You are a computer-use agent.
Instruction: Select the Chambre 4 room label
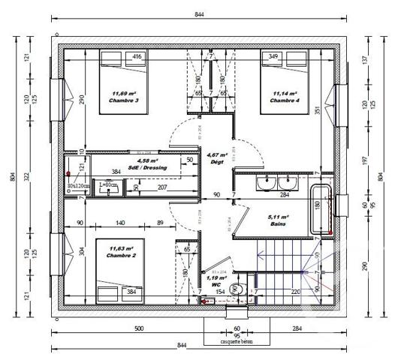click(285, 97)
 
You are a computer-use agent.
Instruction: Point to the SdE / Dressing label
click(148, 164)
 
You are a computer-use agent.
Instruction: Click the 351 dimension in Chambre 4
click(318, 109)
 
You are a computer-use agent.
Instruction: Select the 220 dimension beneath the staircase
click(295, 292)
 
